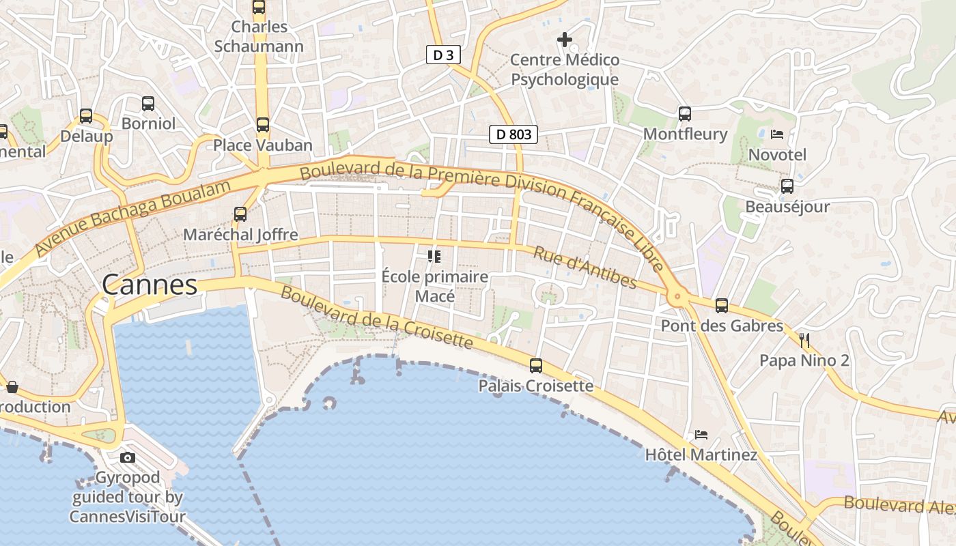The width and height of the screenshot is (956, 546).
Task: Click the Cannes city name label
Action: pos(150,285)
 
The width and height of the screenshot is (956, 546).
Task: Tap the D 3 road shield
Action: pos(443,55)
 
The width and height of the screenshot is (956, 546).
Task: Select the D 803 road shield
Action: pos(514,134)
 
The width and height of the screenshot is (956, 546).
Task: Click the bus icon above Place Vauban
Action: pos(263,125)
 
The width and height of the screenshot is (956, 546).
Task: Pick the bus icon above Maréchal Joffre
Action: pos(240,214)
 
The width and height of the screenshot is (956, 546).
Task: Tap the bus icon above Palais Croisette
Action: pos(536,366)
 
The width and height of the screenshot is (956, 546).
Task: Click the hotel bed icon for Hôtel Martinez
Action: pos(701,434)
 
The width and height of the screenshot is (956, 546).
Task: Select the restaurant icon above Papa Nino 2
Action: pos(804,339)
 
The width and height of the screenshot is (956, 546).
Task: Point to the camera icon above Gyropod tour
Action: pos(128,457)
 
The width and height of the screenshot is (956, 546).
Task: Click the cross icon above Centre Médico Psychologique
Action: pos(565,40)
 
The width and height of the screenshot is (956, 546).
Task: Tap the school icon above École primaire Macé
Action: pos(434,257)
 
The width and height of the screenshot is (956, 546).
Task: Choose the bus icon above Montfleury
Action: pos(685,114)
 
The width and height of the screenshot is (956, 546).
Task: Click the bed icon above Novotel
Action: pos(777,134)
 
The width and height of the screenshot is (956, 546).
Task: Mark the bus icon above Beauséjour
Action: pos(787,186)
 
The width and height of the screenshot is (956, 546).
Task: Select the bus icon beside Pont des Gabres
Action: pos(722,306)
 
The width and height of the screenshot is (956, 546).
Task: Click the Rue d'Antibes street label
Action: pos(585,267)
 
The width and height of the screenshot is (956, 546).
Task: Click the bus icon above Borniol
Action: pos(148,104)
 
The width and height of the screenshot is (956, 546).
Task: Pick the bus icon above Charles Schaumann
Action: pos(259,8)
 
